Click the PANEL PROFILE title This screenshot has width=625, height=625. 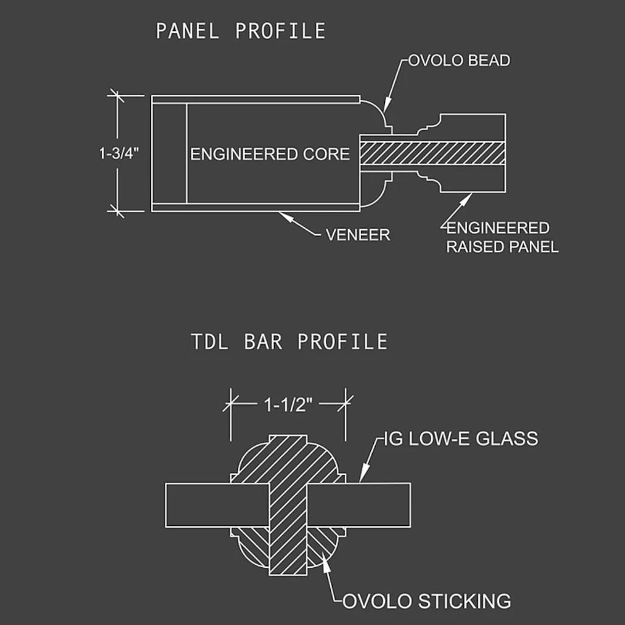pyautogui.click(x=241, y=31)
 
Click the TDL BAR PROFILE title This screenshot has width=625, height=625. pyautogui.click(x=289, y=342)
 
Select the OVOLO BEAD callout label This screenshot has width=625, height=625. pyautogui.click(x=459, y=61)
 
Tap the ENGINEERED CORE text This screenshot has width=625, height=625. pyautogui.click(x=270, y=154)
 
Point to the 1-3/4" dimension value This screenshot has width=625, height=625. pyautogui.click(x=119, y=153)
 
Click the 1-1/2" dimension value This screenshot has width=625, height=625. pyautogui.click(x=289, y=405)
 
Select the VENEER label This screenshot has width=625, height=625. pyautogui.click(x=358, y=235)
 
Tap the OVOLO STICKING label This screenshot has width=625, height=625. pyautogui.click(x=427, y=601)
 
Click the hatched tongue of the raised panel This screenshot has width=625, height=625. pyautogui.click(x=433, y=153)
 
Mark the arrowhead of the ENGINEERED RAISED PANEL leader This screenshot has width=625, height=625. pyautogui.click(x=467, y=198)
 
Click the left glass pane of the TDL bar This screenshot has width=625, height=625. pyautogui.click(x=217, y=505)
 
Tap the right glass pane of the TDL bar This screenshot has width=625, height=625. pyautogui.click(x=359, y=505)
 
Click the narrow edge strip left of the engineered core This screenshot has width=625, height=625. pyautogui.click(x=169, y=153)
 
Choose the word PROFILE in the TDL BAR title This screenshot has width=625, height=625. pyautogui.click(x=342, y=342)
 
